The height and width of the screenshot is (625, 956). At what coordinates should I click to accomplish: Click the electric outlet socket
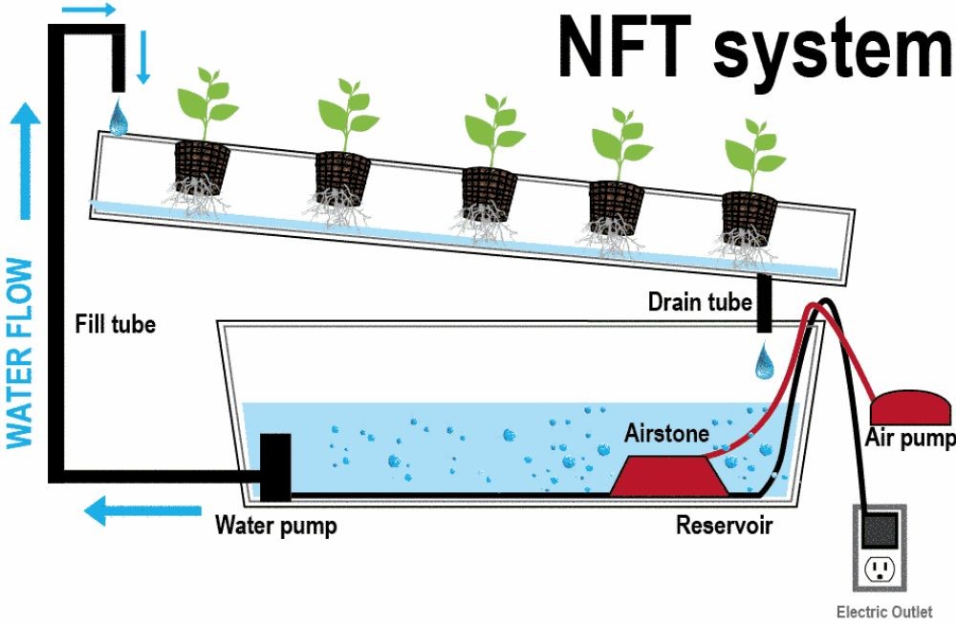(880, 571)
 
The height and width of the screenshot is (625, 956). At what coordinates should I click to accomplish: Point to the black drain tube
(765, 304)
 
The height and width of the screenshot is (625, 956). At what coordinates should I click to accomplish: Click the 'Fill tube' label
(115, 325)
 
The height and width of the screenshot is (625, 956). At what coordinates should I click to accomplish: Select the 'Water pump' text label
(275, 526)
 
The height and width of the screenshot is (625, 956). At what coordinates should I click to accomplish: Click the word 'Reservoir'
(724, 525)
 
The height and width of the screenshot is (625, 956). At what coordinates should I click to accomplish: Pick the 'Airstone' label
(666, 434)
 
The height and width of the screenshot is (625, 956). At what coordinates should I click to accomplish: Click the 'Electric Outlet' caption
(883, 612)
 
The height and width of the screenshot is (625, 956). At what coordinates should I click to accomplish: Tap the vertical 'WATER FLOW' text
(21, 353)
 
